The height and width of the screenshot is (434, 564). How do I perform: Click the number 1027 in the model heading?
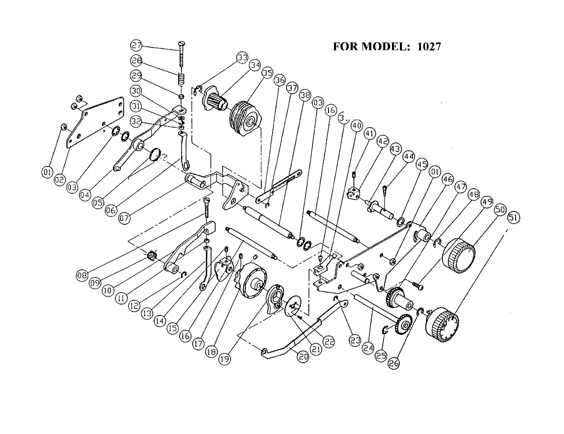click(x=429, y=46)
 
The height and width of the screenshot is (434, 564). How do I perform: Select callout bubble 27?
click(x=136, y=46)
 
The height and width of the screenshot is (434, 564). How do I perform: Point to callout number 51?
click(x=514, y=218)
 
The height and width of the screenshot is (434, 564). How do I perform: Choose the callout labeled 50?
click(x=500, y=210)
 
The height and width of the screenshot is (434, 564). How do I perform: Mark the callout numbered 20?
click(x=303, y=356)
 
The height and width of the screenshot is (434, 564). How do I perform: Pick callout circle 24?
click(x=368, y=348)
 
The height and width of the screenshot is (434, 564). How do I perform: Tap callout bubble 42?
click(x=383, y=141)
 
